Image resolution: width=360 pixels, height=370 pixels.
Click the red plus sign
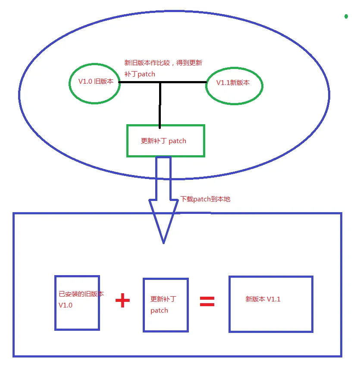click(x=123, y=301)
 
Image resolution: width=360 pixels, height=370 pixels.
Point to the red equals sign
click(x=207, y=301)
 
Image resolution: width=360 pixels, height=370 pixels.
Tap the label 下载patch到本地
click(x=205, y=199)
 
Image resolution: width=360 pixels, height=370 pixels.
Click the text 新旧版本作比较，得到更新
click(x=163, y=63)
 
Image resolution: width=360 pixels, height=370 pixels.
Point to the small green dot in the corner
click(x=346, y=16)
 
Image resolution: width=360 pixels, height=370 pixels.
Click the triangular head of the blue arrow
click(x=163, y=220)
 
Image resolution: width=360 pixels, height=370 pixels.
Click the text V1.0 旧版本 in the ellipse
click(x=96, y=81)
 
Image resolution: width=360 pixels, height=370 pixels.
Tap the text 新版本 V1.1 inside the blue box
click(x=263, y=299)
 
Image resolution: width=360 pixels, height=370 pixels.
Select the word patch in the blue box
click(x=159, y=310)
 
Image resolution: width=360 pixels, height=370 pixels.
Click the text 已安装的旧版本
click(x=81, y=294)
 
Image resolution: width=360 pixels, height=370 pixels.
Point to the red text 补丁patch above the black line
click(x=140, y=74)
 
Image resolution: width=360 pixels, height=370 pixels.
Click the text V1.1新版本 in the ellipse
click(x=233, y=82)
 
